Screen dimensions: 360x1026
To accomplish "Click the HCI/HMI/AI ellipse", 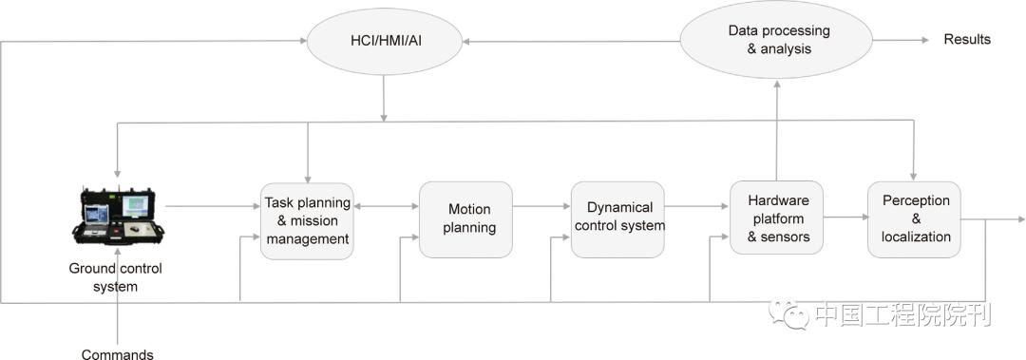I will click(x=384, y=40).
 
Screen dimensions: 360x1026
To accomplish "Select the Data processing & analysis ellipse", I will click(x=777, y=40).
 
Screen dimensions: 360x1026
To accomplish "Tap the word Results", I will click(x=966, y=40).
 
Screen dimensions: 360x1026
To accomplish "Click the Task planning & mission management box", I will click(x=306, y=220).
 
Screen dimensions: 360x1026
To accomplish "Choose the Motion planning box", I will click(x=465, y=218).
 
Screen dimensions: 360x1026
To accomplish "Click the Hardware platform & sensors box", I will click(x=776, y=218).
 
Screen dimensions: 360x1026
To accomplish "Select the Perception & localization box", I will click(x=915, y=218).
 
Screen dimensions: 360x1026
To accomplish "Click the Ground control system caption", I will click(x=115, y=277).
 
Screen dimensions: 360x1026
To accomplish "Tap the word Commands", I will click(x=117, y=354).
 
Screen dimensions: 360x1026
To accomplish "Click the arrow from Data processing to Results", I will click(x=901, y=40).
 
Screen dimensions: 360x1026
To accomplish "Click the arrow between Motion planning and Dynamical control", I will click(x=541, y=205).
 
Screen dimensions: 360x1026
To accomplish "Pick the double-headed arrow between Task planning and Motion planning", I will click(x=386, y=205).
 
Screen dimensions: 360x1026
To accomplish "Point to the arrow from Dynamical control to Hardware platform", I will click(x=696, y=205).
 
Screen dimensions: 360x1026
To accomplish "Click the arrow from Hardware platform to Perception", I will click(x=845, y=218).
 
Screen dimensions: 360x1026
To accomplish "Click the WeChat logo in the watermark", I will click(x=789, y=313).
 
